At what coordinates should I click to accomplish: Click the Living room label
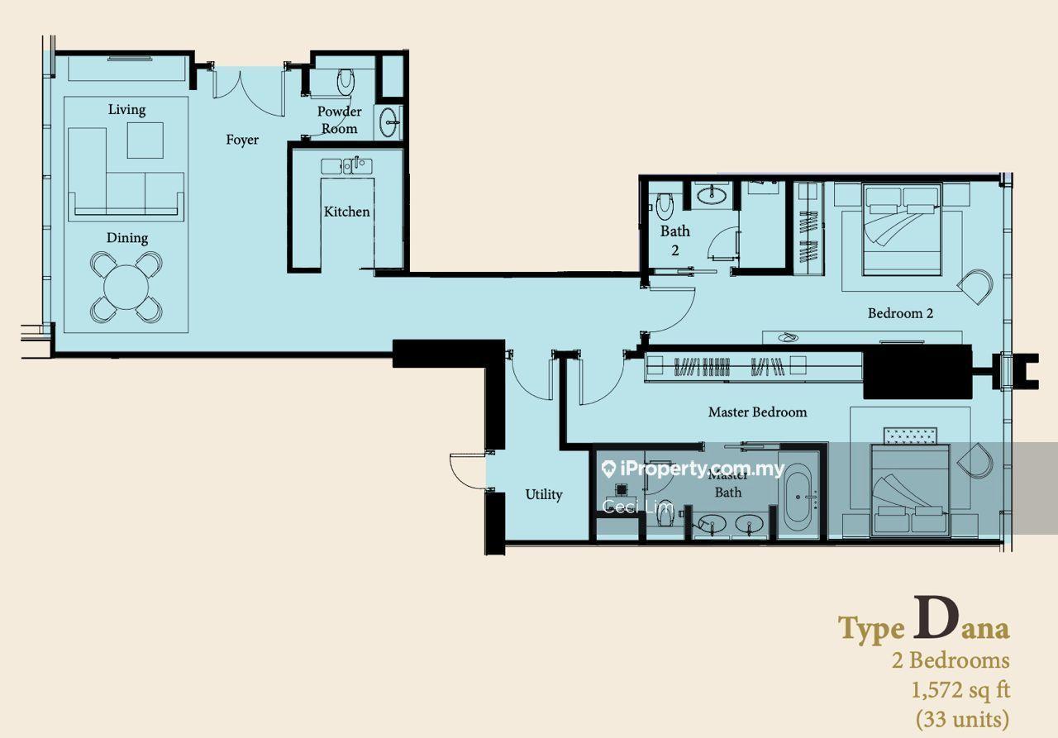point(126,110)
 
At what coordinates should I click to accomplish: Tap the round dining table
point(126,287)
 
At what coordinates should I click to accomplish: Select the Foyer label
point(242,140)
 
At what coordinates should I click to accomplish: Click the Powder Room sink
point(388,122)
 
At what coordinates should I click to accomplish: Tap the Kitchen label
point(346,212)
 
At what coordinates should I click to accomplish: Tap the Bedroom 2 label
point(900,313)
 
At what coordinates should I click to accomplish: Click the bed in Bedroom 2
point(902,229)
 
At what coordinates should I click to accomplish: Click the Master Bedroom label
point(758,412)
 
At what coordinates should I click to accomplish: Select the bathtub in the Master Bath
point(798,497)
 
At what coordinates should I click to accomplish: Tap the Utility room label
point(544,495)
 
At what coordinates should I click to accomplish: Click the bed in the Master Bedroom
point(910,490)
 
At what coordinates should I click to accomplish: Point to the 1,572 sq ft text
point(960,691)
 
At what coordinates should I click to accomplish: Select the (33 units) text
point(963,720)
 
